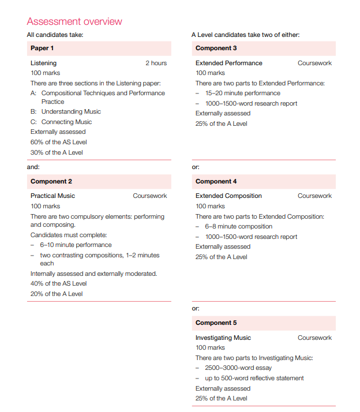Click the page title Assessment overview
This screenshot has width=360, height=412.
[x=74, y=22]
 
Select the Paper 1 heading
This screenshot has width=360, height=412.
[x=42, y=48]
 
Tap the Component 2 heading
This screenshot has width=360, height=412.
[x=51, y=182]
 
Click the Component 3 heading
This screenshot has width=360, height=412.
[x=216, y=48]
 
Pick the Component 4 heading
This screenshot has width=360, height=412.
[x=216, y=182]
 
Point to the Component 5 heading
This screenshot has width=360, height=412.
[x=216, y=323]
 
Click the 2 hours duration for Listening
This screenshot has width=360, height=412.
[x=156, y=63]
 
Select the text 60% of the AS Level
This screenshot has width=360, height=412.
[x=59, y=142]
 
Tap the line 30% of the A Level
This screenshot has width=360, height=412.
[x=57, y=152]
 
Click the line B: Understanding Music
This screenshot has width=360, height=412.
[x=65, y=112]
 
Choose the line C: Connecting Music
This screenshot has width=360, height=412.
[x=61, y=122]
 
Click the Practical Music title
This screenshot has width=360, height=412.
[x=52, y=196]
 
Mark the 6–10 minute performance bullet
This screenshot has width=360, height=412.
[x=76, y=245]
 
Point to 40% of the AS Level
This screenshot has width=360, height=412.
[x=59, y=284]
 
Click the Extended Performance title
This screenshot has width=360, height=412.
[x=229, y=63]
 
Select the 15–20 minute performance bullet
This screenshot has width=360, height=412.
[x=242, y=93]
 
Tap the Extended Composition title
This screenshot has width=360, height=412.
[x=228, y=196]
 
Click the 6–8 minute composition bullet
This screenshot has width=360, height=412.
[x=238, y=227]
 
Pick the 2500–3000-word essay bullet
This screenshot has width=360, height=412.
[x=238, y=368]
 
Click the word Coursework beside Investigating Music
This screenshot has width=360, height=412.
[x=314, y=338]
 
